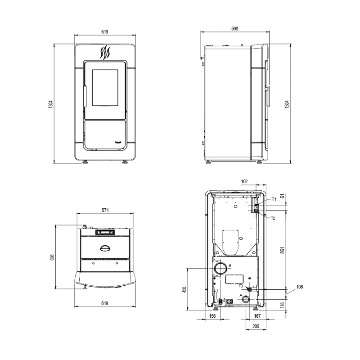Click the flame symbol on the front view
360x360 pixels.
105,53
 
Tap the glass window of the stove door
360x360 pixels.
105,88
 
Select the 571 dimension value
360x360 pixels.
105,210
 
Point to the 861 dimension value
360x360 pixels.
282,250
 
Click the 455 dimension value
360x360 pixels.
184,289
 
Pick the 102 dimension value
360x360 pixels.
244,181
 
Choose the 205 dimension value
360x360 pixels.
256,326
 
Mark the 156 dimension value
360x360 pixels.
212,316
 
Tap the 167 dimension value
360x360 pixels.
257,316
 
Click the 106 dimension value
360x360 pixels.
300,287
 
